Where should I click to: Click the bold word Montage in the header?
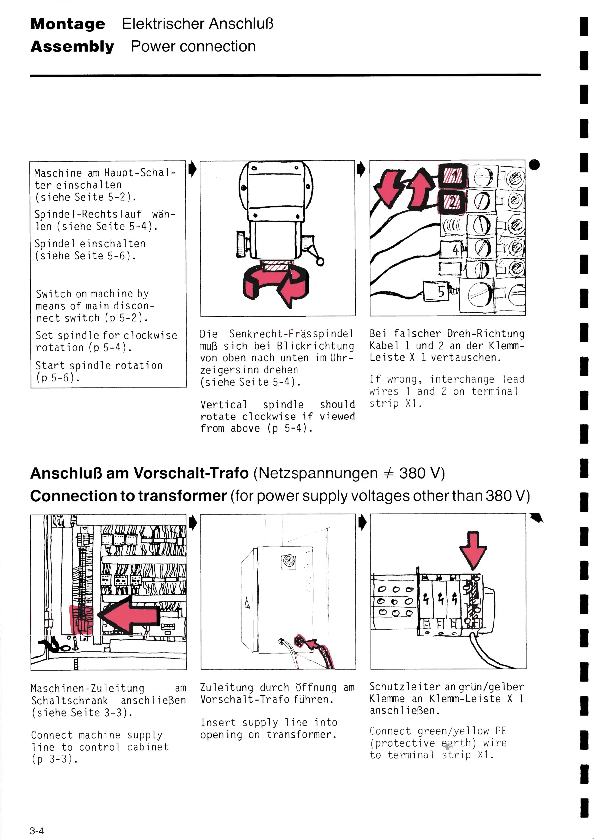coord(68,24)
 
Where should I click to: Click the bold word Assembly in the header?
coord(72,47)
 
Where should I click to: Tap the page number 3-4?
coord(36,831)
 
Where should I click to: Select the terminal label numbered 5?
coord(441,292)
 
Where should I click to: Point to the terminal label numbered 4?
coord(455,249)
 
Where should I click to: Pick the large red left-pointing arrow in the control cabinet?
coord(129,615)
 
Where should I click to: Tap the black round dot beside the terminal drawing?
coord(534,165)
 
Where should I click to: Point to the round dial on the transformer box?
coord(288,562)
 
